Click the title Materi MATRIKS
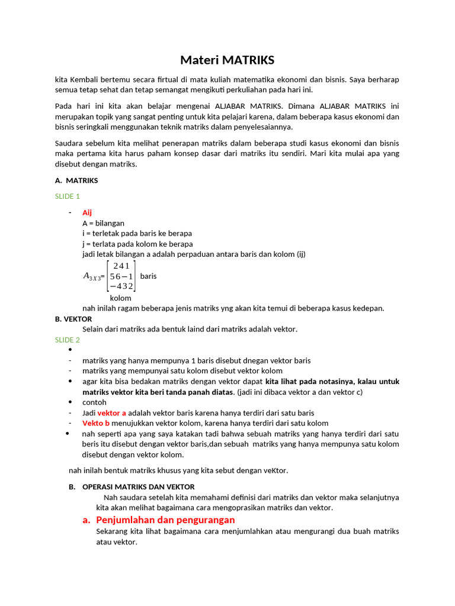(227, 60)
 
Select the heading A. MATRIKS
(76, 180)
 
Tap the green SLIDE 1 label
(67, 196)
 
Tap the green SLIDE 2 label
(67, 340)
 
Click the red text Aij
(87, 212)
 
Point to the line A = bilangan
(103, 223)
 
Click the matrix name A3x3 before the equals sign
(92, 276)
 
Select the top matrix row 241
(121, 266)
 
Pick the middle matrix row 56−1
(121, 276)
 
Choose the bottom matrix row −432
(121, 286)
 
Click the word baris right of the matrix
(149, 276)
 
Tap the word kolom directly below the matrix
(120, 298)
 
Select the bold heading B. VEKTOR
(73, 318)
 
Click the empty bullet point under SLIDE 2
(71, 350)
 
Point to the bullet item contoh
(94, 402)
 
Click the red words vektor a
(111, 412)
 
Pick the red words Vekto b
(96, 423)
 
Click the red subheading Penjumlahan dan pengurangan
(165, 520)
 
